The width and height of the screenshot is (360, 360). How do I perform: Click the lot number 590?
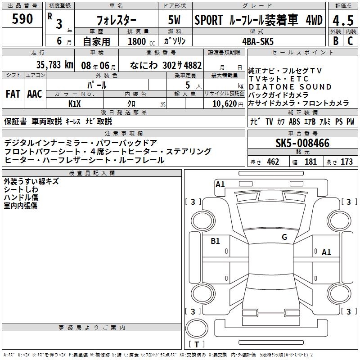coord(22,19)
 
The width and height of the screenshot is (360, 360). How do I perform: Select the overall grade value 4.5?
coord(343,21)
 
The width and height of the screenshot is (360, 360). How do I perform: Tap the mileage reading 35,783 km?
coord(55,65)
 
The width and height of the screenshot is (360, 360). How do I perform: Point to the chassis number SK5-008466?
coord(302,143)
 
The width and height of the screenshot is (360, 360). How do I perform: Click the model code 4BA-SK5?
coord(258,41)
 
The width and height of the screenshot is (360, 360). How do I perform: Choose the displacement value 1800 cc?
coord(141,41)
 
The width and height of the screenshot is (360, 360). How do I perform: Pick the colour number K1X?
coord(75,104)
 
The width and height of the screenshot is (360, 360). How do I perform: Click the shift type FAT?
coord(13,94)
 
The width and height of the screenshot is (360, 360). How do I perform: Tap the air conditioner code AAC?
coord(35,94)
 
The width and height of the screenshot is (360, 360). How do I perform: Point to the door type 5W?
coord(175,20)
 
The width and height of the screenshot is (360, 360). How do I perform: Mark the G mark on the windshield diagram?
coord(284,237)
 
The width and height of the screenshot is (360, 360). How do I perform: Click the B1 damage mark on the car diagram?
coord(215,241)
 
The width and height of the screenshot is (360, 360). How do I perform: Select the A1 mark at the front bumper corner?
coord(220,184)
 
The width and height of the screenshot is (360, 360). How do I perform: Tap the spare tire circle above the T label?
coord(197,328)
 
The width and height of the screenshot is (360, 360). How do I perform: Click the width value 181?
coord(310,162)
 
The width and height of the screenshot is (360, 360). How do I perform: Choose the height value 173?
coord(346,162)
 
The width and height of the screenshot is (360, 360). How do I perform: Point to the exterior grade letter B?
coord(336,41)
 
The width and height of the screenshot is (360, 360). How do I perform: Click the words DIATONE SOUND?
coord(290,87)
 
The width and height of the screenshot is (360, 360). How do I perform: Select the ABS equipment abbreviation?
coord(294,121)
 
